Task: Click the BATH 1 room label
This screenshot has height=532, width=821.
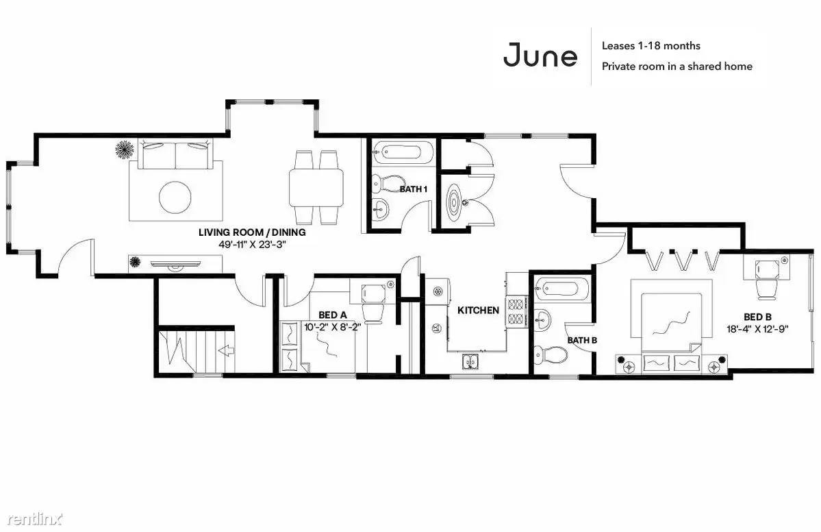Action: coord(414,189)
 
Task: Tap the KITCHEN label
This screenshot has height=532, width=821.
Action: coord(478,311)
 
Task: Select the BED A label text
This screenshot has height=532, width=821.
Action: coord(333,315)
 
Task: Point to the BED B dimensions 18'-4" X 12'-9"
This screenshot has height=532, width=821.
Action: coord(757,329)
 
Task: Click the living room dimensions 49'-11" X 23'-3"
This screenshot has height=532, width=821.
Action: coord(253,244)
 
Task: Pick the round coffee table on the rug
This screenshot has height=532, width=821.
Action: coord(175,197)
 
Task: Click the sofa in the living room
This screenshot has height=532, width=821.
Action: coord(175,154)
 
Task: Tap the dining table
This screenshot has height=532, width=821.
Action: coord(316,188)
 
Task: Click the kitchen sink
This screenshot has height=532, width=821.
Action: coord(470,361)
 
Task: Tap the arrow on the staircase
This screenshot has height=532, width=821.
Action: coord(226,350)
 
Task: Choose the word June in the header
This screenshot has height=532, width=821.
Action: coord(540,56)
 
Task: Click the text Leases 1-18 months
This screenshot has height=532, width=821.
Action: coord(651,46)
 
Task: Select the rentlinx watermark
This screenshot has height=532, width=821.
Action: coord(34,519)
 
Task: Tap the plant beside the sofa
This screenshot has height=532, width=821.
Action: coord(125,149)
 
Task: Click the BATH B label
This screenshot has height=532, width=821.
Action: coord(582,341)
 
